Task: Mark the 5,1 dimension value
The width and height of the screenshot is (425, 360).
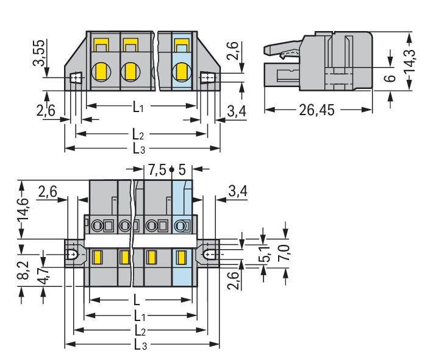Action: [264, 256]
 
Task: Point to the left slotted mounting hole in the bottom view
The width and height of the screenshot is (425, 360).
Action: [74, 254]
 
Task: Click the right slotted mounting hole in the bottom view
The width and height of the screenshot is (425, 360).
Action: [209, 254]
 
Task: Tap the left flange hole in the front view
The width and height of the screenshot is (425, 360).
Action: [75, 79]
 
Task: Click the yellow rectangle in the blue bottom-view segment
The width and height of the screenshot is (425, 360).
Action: [181, 258]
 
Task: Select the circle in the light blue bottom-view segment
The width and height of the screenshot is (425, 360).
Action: [180, 227]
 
